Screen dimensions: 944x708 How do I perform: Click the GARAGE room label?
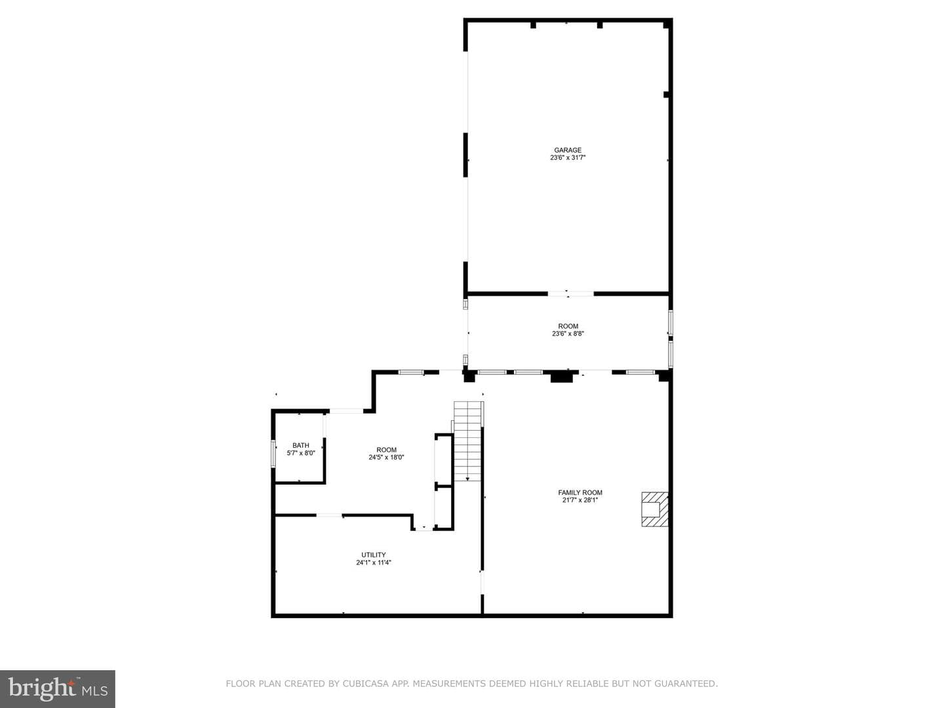567,150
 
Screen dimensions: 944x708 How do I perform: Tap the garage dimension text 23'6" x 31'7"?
568,157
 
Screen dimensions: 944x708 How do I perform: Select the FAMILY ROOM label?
580,492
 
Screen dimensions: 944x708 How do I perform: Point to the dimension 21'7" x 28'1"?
580,500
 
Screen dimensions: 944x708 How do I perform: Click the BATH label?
301,445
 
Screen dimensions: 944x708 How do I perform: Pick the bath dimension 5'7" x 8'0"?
301,452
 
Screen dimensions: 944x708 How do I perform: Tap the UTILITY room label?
373,555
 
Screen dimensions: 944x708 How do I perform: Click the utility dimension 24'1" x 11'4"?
373,562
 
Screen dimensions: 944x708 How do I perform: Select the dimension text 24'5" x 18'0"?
386,457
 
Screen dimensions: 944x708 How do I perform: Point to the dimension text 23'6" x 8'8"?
568,333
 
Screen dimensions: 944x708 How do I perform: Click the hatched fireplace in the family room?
654,509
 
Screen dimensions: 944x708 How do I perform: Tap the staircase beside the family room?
468,441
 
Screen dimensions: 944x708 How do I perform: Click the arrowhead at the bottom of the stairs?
467,479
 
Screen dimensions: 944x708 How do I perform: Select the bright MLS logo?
58,688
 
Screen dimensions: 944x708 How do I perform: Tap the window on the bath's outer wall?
273,454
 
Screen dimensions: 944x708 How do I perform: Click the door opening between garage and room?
570,294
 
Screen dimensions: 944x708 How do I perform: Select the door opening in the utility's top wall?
330,515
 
